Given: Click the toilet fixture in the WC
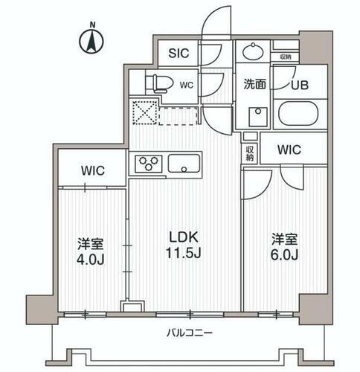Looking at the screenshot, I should tap(154, 83).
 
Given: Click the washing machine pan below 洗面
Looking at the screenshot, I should tap(259, 117).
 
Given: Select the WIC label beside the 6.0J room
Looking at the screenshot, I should tap(289, 150).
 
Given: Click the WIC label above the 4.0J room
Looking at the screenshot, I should tap(92, 170).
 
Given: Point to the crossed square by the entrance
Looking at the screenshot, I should tap(143, 113).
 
